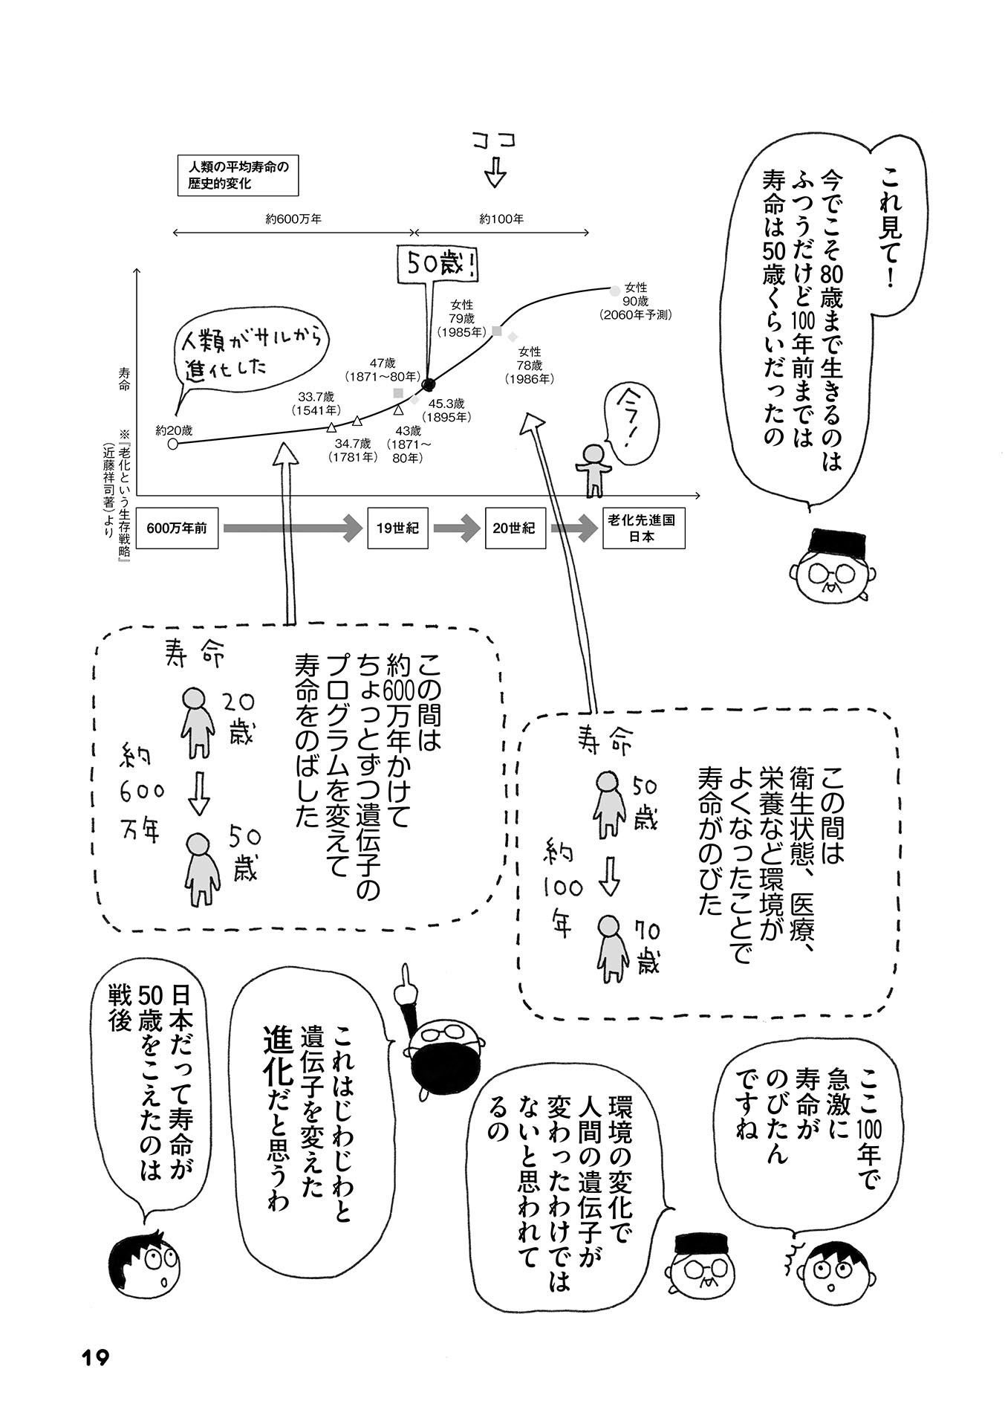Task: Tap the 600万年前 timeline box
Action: pyautogui.click(x=177, y=528)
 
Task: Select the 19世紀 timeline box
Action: pyautogui.click(x=397, y=528)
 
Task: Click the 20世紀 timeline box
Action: pyautogui.click(x=514, y=528)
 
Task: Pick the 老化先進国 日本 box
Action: pyautogui.click(x=643, y=528)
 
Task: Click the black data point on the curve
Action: pyautogui.click(x=428, y=384)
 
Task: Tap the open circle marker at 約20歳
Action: pyautogui.click(x=173, y=444)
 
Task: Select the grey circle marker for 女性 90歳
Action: pyautogui.click(x=614, y=291)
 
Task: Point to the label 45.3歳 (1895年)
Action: pyautogui.click(x=447, y=410)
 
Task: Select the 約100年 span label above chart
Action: pyautogui.click(x=501, y=219)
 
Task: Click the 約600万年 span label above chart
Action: pyautogui.click(x=293, y=219)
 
